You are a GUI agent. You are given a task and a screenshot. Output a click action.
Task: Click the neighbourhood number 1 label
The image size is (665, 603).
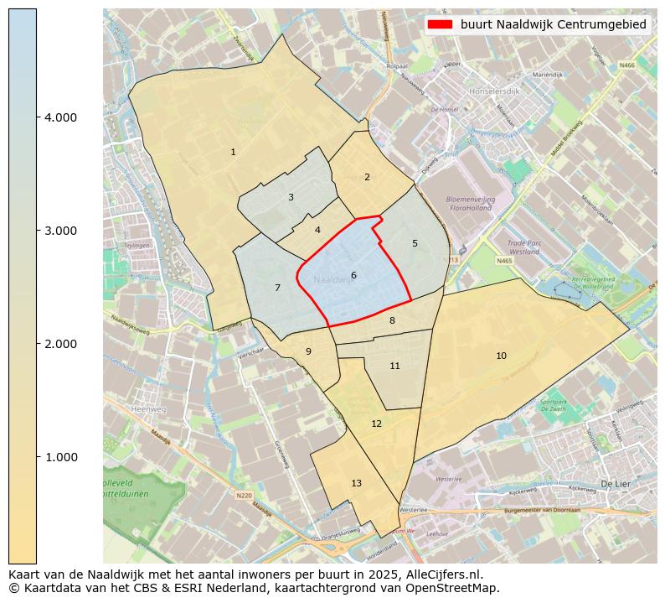click(233, 152)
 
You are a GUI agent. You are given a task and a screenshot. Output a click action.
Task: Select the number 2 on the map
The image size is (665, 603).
click(367, 177)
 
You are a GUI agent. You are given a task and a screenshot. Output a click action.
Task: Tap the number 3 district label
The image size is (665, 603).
click(291, 198)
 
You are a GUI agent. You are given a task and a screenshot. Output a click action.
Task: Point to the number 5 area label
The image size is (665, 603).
click(415, 243)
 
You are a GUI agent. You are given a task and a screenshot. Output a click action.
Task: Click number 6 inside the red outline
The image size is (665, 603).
click(353, 275)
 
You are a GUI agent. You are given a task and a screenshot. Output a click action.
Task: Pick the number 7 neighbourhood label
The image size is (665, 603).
click(277, 288)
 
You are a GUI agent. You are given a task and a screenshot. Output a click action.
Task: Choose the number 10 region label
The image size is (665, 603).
click(501, 356)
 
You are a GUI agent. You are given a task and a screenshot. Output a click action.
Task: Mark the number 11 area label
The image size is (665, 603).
click(394, 366)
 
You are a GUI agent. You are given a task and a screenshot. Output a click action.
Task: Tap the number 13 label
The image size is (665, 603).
click(356, 483)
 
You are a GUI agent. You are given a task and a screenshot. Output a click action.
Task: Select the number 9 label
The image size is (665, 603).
click(308, 351)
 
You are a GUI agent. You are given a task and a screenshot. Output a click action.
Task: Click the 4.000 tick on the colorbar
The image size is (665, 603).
click(60, 117)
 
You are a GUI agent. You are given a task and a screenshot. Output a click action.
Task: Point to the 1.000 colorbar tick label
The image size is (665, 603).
click(60, 457)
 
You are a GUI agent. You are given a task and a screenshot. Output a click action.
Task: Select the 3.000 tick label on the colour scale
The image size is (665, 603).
click(60, 231)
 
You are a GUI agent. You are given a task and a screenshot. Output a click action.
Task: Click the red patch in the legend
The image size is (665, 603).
click(440, 24)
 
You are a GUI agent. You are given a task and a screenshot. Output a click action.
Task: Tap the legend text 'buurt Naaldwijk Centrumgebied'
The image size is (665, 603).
click(554, 24)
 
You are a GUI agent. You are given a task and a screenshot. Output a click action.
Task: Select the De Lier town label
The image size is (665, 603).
click(615, 484)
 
